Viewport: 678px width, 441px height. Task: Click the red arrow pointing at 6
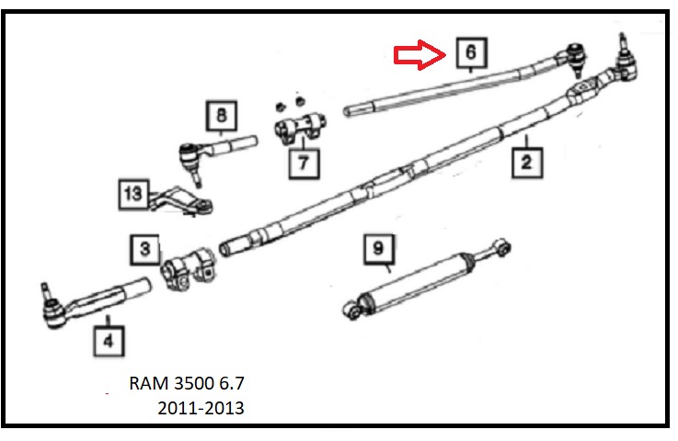click(x=419, y=56)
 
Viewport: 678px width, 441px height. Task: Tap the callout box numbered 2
click(x=525, y=164)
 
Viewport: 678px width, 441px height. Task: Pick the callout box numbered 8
click(x=221, y=117)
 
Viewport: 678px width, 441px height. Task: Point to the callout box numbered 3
click(x=144, y=248)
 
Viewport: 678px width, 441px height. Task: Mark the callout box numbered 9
click(x=377, y=248)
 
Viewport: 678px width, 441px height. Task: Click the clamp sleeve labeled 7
click(x=297, y=128)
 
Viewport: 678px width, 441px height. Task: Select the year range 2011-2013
click(x=201, y=407)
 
